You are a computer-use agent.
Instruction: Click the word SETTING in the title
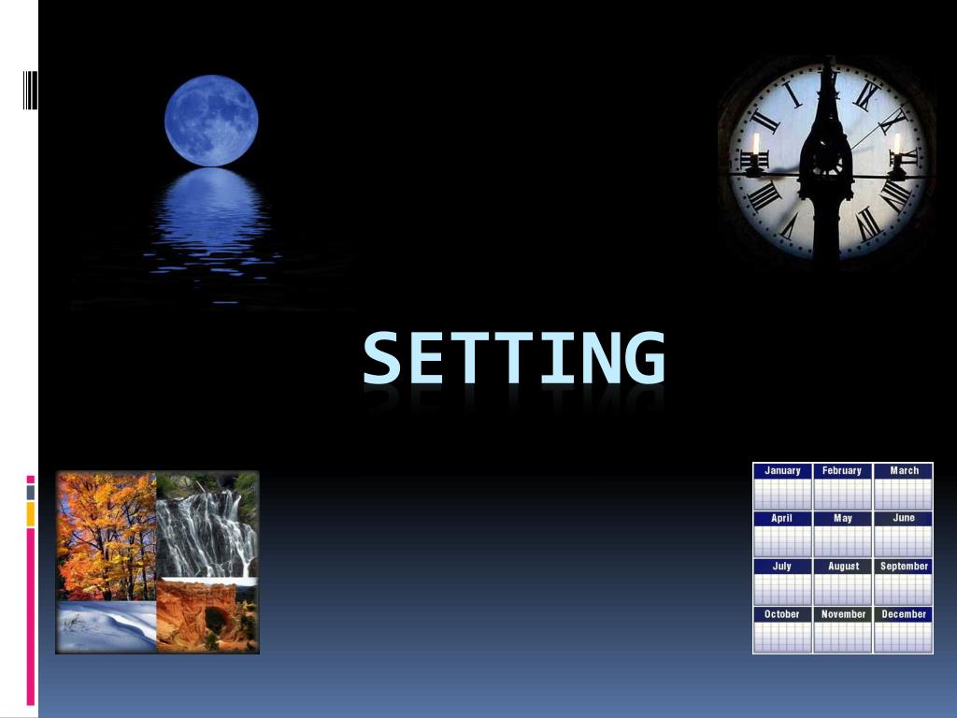click(514, 358)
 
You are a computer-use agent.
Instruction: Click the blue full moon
click(211, 121)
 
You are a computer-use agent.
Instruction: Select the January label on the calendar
click(782, 470)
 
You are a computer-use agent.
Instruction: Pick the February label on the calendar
click(842, 470)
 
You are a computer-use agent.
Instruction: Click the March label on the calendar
click(904, 470)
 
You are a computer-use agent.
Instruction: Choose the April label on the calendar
click(782, 518)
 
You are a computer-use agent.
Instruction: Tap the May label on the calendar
click(842, 518)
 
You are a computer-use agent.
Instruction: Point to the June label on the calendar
click(904, 518)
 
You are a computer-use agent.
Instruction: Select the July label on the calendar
click(782, 566)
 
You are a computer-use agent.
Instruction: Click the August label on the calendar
click(842, 566)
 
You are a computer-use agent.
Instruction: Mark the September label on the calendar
click(904, 566)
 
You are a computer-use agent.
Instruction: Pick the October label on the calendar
click(782, 614)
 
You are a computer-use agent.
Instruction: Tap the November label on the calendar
click(842, 614)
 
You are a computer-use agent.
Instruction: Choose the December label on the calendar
click(904, 614)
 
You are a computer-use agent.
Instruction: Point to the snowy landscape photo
click(106, 627)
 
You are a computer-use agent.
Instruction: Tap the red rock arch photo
click(207, 616)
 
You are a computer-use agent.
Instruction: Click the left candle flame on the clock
click(756, 145)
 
